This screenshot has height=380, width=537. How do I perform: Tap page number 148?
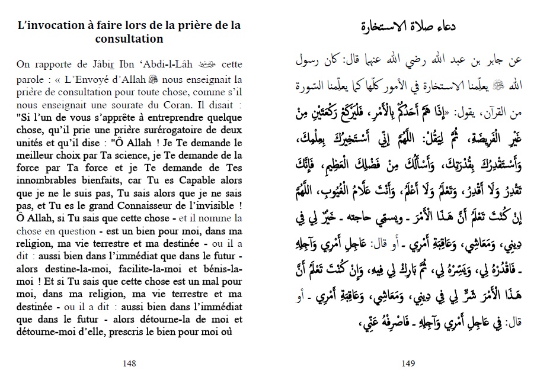[x=129, y=364]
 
